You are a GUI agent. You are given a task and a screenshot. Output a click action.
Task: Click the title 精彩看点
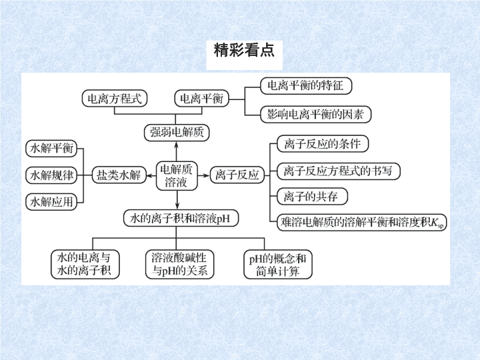[244, 50]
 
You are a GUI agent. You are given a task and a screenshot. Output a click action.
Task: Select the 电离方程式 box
[115, 99]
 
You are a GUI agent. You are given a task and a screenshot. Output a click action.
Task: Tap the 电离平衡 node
[202, 99]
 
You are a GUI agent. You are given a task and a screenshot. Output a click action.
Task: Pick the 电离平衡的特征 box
[306, 86]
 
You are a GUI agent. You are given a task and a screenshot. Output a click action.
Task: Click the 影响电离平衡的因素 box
[315, 115]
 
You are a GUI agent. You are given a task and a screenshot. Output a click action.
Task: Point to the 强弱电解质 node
[177, 133]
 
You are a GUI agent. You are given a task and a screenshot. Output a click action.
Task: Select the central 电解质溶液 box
[177, 176]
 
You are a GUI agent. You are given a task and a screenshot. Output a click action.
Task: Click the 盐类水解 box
[119, 175]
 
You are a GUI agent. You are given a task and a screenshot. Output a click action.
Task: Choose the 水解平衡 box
[51, 149]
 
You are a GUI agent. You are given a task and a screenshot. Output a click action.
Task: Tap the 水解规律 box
[51, 175]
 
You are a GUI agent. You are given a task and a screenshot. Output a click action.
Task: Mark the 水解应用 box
[51, 202]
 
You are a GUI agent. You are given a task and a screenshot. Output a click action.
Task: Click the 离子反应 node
[237, 175]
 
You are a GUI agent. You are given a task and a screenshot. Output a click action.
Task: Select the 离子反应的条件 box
[323, 144]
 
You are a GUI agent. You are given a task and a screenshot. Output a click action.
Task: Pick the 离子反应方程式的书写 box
[338, 171]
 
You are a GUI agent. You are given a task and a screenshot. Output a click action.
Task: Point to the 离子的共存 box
[312, 197]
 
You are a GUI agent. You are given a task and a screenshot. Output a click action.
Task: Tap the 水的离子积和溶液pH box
[181, 218]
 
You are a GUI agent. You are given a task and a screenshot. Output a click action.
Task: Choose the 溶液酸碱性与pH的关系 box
[180, 265]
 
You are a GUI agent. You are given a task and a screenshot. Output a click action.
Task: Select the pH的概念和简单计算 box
[277, 265]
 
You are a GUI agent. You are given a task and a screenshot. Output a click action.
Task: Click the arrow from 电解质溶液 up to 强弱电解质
[176, 151]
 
